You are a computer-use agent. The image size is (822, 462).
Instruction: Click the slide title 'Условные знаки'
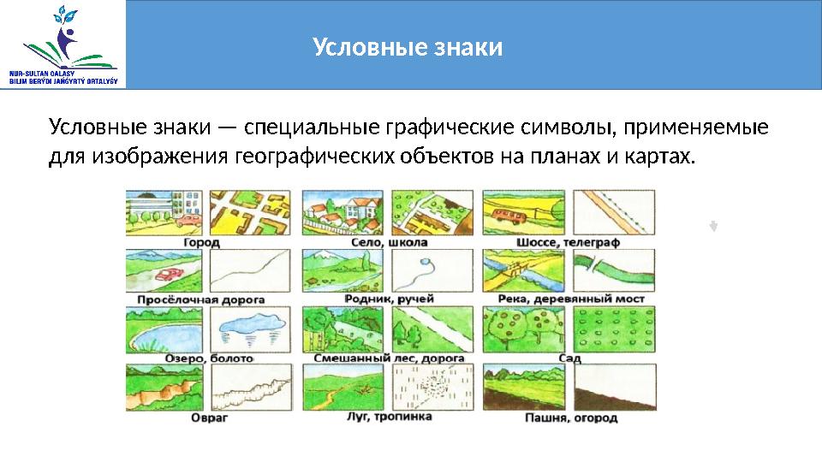click(x=407, y=45)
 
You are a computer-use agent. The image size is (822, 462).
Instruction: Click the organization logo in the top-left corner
click(x=63, y=44)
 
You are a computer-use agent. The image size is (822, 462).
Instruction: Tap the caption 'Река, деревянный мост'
click(x=570, y=299)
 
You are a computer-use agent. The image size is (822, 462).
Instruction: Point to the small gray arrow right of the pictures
click(x=713, y=227)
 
